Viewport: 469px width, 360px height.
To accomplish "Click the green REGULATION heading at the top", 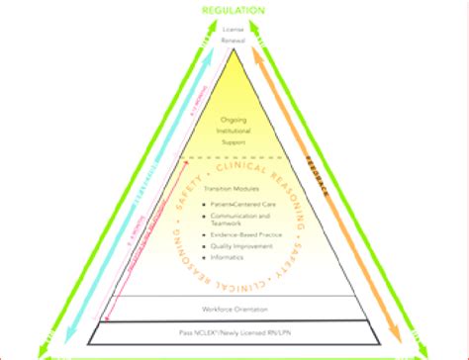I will pyautogui.click(x=234, y=10).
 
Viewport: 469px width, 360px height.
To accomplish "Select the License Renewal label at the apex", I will pyautogui.click(x=234, y=36).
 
